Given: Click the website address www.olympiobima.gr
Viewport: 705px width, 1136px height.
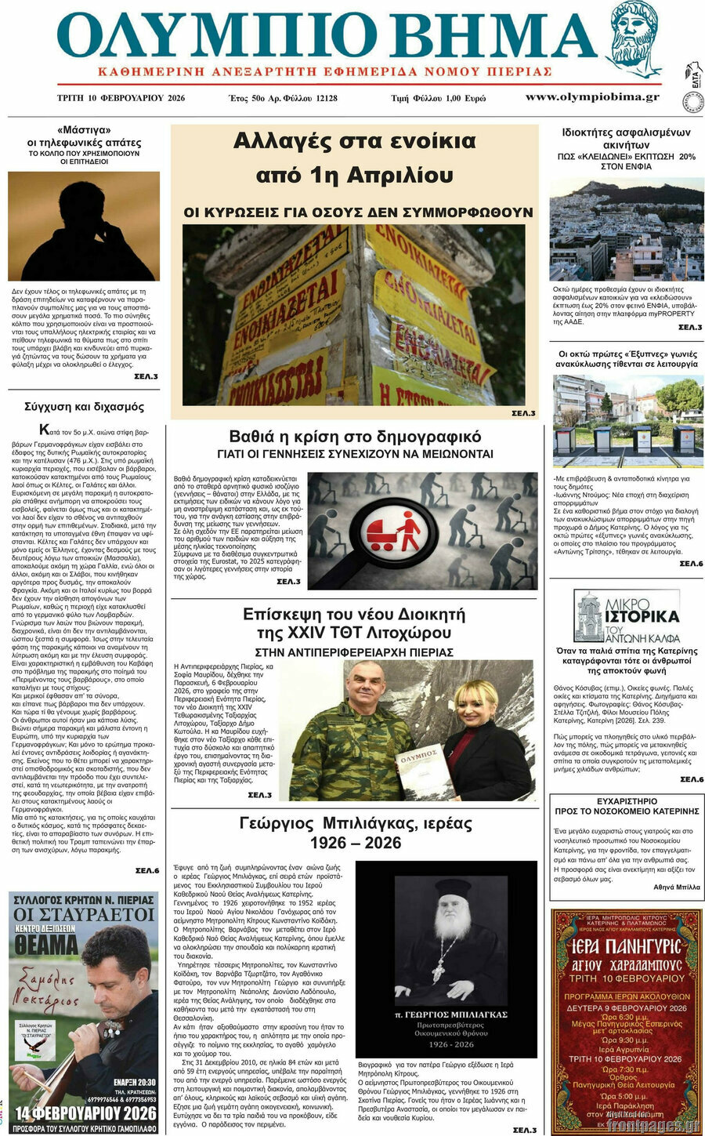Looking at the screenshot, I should point(592,97).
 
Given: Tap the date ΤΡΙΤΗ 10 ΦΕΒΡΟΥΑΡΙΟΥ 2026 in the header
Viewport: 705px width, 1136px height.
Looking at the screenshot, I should point(121,98).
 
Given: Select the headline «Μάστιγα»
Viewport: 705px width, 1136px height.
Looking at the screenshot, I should point(84,130).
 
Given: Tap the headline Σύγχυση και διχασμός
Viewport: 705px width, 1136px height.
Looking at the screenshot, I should point(84,407).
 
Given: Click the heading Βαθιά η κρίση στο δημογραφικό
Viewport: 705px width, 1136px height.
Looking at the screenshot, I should point(355,437).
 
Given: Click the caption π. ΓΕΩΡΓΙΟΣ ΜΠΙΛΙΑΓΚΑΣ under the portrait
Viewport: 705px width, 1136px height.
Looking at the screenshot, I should point(450,1014).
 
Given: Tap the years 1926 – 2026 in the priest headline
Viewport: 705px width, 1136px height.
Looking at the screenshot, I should point(355,843).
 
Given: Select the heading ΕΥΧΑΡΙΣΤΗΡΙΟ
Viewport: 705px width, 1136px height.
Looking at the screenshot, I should point(627,801).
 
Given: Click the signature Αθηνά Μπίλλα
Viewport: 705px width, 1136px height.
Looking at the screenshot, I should point(677,887).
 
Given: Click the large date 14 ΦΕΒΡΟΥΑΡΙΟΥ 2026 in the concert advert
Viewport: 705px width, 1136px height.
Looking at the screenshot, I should point(84,1113).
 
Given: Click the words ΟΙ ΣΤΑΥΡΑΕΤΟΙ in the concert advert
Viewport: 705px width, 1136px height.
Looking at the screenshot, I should point(84,915).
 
